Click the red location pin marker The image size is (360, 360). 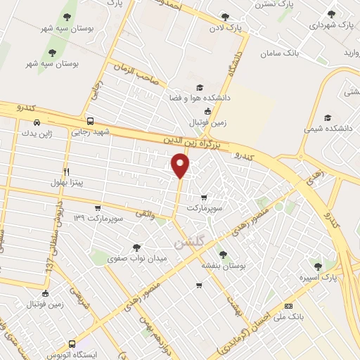pyautogui.click(x=181, y=165)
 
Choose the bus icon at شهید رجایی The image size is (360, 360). pyautogui.click(x=90, y=120)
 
